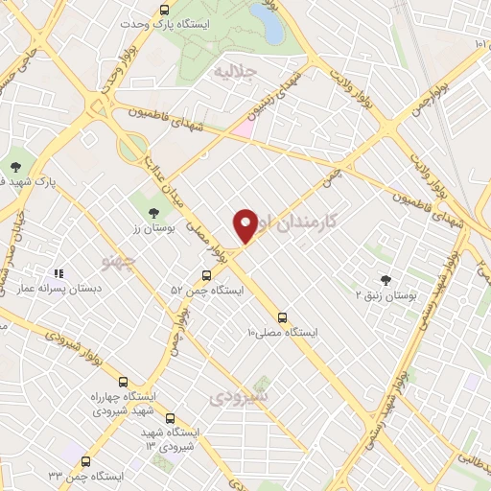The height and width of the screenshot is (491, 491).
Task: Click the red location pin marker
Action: click(246, 224)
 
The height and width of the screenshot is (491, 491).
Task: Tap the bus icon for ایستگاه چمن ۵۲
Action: click(207, 275)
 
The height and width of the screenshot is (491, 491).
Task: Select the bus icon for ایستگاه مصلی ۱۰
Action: click(282, 316)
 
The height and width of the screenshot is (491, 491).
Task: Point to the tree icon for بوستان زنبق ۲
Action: click(386, 281)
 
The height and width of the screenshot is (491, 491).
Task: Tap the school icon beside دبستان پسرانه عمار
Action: click(58, 273)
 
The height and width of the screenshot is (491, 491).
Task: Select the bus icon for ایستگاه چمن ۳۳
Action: click(86, 461)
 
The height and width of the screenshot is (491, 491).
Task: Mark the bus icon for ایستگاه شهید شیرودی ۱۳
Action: click(171, 418)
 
